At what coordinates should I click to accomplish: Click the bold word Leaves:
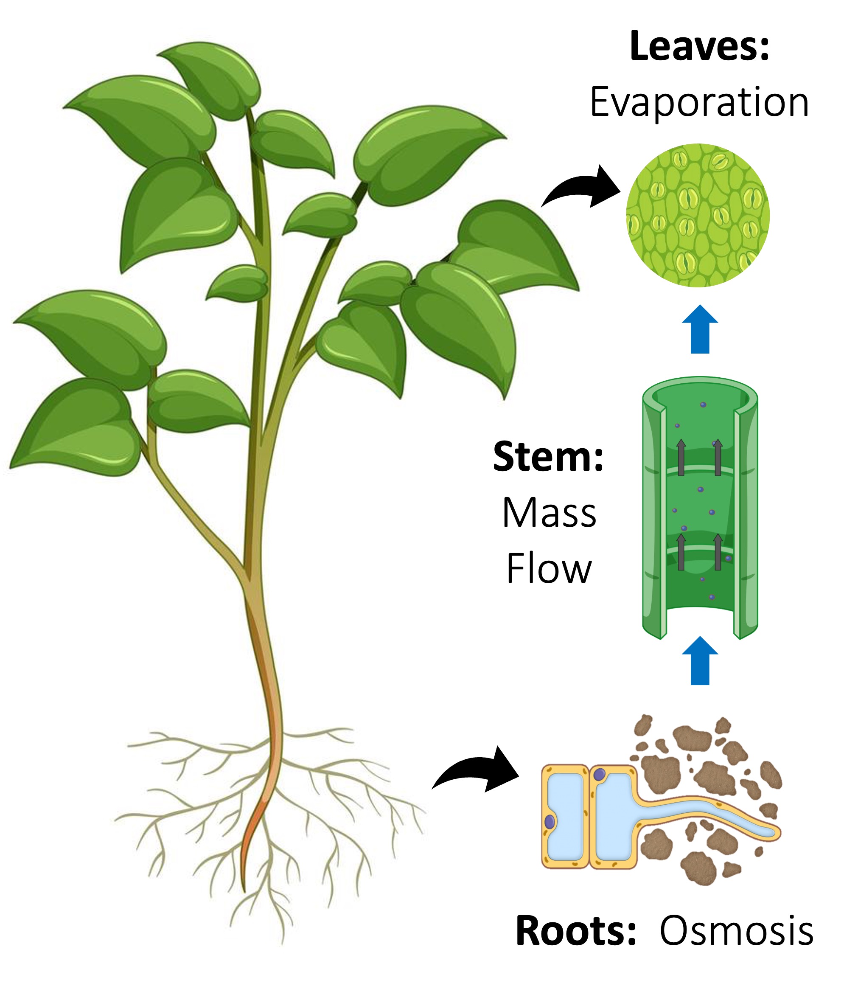click(x=699, y=47)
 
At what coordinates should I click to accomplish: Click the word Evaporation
click(x=699, y=102)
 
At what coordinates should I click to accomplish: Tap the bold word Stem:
click(x=548, y=457)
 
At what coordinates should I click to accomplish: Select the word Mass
click(x=549, y=514)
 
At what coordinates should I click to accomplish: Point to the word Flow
click(x=549, y=569)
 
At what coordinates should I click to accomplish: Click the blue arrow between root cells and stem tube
click(x=700, y=661)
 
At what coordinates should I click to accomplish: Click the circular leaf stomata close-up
click(x=698, y=215)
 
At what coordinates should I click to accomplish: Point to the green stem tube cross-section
click(x=700, y=507)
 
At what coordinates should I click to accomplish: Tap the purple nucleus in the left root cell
click(x=550, y=821)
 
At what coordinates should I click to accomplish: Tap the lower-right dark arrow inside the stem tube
click(x=718, y=552)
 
